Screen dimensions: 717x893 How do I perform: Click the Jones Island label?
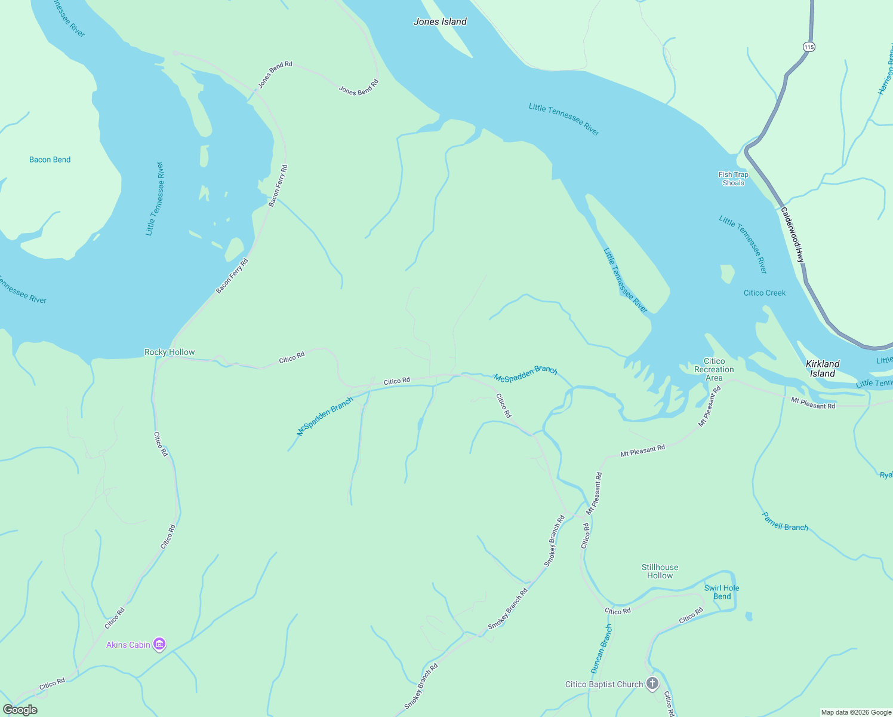[x=440, y=22]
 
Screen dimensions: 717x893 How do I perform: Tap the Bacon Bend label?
[x=50, y=160]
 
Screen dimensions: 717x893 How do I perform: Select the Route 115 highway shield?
[x=809, y=47]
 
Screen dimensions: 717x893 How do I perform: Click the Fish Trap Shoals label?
[x=733, y=179]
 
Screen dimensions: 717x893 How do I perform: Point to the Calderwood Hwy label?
[x=793, y=235]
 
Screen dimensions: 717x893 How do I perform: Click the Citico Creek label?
[x=764, y=293]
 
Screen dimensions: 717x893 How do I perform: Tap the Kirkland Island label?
[x=822, y=369]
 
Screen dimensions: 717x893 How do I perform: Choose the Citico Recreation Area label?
[x=714, y=369]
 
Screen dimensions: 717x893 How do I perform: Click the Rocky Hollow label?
[x=170, y=352]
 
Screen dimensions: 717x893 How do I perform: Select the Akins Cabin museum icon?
[x=159, y=644]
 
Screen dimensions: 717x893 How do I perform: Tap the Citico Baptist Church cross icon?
[x=652, y=683]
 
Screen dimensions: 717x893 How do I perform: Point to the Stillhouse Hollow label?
[x=660, y=571]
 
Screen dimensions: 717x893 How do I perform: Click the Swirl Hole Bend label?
[x=721, y=592]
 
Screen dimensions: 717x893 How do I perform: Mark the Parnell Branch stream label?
[x=785, y=522]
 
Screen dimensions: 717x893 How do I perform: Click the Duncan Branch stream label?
[x=601, y=649]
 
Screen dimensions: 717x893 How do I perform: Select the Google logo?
[x=20, y=710]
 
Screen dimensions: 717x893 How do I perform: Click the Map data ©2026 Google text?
[x=855, y=712]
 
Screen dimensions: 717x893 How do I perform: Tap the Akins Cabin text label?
[x=128, y=645]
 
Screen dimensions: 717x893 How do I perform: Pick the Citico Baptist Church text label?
[x=604, y=684]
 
